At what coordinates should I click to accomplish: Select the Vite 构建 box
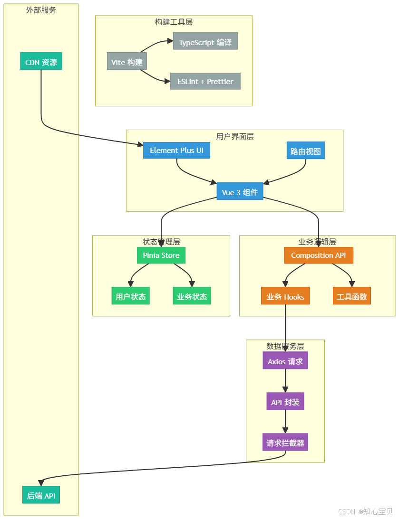click(127, 62)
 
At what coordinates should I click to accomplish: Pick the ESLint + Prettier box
click(205, 81)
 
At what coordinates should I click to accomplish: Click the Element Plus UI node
click(176, 150)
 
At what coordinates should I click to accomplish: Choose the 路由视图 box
click(305, 151)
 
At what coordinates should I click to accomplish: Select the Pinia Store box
click(161, 255)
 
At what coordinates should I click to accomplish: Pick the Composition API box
click(319, 255)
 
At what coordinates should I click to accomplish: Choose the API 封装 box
click(285, 402)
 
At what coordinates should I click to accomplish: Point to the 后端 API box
click(41, 495)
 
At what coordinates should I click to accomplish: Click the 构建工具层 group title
click(174, 22)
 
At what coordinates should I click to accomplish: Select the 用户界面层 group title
click(235, 136)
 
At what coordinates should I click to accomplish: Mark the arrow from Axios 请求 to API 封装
click(285, 381)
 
